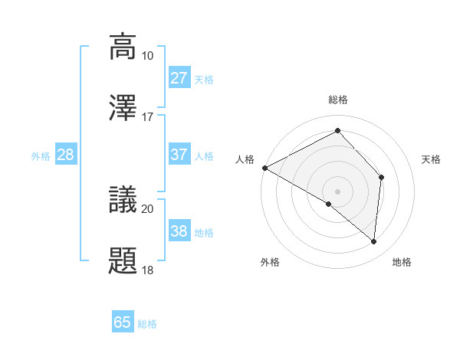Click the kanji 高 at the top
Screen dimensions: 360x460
(x=123, y=46)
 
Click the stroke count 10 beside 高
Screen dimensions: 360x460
(x=148, y=56)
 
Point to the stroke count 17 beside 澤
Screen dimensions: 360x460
(x=148, y=117)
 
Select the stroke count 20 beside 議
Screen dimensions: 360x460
(x=148, y=208)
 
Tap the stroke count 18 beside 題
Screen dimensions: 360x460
(x=148, y=270)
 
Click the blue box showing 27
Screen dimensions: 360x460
(x=179, y=78)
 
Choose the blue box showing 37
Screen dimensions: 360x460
(x=179, y=155)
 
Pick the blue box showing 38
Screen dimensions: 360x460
(x=179, y=231)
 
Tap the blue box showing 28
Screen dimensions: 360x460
(x=66, y=155)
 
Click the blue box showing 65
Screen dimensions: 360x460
(x=123, y=322)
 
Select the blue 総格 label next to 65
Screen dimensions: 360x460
(x=147, y=324)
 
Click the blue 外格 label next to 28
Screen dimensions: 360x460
(x=41, y=156)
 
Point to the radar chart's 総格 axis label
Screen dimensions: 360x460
(x=338, y=100)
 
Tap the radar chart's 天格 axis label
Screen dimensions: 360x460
(x=432, y=159)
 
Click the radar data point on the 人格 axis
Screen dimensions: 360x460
(x=264, y=168)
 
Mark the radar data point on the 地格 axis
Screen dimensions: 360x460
(x=374, y=241)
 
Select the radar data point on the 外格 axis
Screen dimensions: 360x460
(x=329, y=204)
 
